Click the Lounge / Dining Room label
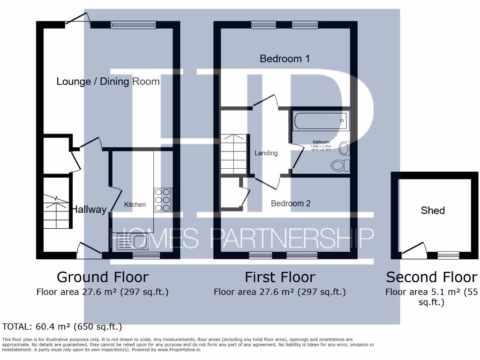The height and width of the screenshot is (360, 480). point(108,82)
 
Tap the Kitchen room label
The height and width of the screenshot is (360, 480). point(135,204)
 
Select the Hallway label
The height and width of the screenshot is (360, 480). point(89,210)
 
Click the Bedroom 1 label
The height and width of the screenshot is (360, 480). point(285,59)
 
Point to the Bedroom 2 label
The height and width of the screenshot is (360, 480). point(291,203)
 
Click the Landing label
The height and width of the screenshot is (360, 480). point(266,153)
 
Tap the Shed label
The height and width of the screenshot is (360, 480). point(432,210)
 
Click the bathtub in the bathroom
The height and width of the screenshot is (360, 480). point(321,120)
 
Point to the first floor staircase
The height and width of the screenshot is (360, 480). point(233,153)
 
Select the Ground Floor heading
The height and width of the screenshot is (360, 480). point(102,277)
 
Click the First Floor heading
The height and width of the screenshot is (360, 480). point(280,277)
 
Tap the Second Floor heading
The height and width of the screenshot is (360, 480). point(431,277)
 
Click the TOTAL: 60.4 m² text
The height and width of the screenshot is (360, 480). point(62,327)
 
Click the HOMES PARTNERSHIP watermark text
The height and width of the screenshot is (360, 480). point(241,239)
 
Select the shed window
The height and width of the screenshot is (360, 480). point(449,255)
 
